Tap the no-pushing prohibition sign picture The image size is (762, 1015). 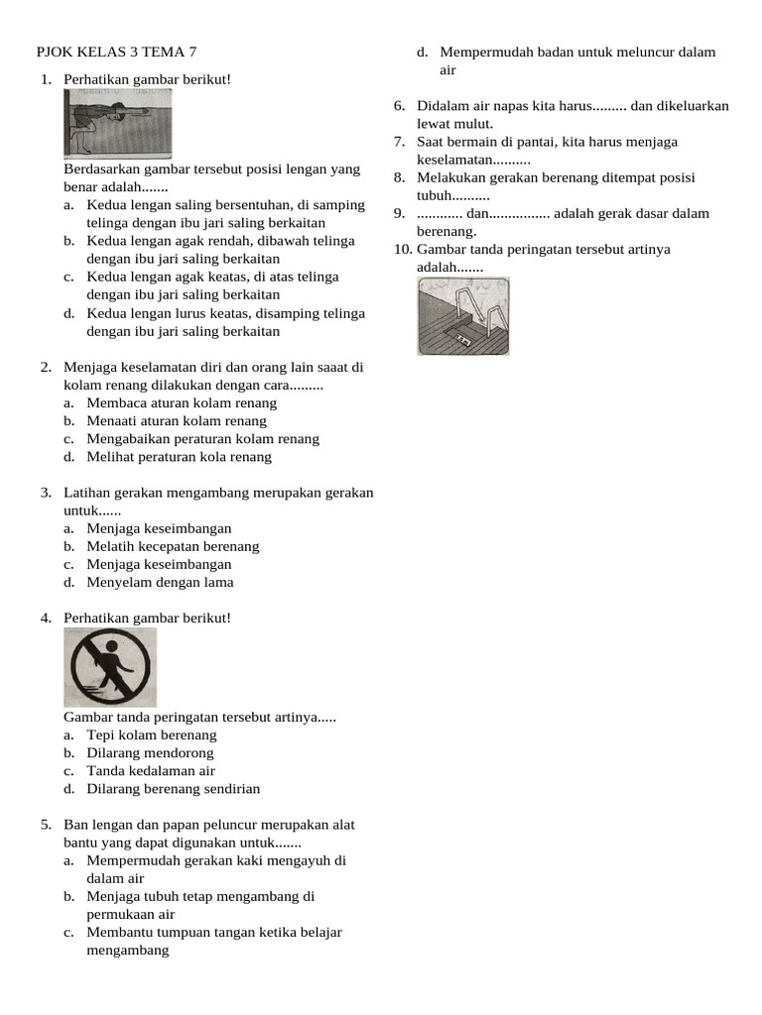(x=110, y=667)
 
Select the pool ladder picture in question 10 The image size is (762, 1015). (x=463, y=316)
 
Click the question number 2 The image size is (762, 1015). (x=46, y=368)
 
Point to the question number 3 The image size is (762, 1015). (x=46, y=493)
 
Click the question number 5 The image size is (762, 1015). (x=46, y=825)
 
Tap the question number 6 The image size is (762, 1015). (x=399, y=106)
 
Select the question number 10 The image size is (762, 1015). (x=402, y=249)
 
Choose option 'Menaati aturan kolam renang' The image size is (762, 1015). (x=177, y=421)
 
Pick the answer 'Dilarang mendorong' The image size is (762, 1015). (x=150, y=753)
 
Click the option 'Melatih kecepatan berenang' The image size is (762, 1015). (x=173, y=546)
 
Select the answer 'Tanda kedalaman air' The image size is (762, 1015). (x=151, y=771)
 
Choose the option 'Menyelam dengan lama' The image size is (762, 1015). (x=160, y=582)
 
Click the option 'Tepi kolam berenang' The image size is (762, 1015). (x=152, y=735)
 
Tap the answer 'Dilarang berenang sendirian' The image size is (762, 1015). (x=174, y=789)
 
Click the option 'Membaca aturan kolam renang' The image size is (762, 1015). (x=182, y=403)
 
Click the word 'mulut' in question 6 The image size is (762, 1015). (x=472, y=124)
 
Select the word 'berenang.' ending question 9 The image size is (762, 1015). (x=446, y=231)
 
